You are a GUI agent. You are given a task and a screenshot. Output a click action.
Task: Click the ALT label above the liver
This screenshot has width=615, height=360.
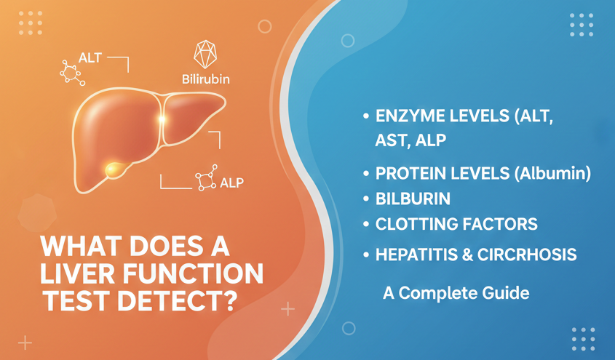click(90, 58)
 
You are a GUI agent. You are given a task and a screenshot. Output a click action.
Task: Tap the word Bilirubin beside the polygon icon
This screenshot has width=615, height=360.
click(206, 79)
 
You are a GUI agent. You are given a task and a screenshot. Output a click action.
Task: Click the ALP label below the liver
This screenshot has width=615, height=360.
click(231, 183)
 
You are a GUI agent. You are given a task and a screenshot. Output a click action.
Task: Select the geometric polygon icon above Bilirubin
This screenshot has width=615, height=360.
click(205, 54)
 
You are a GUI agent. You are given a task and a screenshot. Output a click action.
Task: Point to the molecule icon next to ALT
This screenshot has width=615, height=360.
click(72, 73)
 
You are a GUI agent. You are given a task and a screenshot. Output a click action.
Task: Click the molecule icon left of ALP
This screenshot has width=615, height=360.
click(206, 178)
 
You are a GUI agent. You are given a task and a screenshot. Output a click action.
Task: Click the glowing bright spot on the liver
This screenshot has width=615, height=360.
click(161, 119)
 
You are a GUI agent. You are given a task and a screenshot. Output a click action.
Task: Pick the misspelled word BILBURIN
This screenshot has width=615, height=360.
click(413, 199)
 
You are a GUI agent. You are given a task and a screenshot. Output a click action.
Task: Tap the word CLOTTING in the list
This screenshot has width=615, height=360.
click(416, 224)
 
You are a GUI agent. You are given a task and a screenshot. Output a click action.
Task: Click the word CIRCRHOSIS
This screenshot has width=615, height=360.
click(527, 255)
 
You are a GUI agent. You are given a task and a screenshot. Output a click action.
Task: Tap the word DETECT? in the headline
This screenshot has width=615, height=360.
click(178, 301)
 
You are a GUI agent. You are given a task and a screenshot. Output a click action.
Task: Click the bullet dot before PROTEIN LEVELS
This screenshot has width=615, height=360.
click(366, 174)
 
